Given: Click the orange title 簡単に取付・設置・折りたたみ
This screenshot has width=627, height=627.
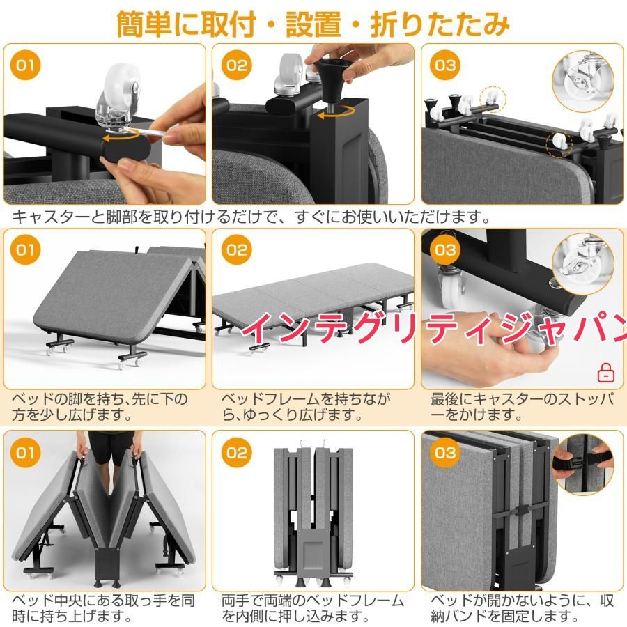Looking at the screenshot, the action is point(313,24).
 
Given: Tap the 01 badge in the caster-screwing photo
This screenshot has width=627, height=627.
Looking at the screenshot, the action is point(26,65).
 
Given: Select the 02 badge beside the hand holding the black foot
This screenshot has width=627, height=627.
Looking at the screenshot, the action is point(236,65).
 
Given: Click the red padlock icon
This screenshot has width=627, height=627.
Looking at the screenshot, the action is point(606,373).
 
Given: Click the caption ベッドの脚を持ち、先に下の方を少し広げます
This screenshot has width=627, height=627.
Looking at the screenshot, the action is point(100,407).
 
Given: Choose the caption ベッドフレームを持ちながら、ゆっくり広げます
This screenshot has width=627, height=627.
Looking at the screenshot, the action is point(306,407).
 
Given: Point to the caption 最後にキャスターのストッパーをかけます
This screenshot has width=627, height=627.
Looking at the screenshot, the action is point(522,407).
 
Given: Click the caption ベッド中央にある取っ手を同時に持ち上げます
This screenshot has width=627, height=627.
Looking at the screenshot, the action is point(103,607).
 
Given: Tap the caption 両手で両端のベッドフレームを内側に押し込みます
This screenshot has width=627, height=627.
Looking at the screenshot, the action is point(313,607).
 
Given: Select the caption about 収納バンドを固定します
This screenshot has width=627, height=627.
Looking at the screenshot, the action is point(522,607).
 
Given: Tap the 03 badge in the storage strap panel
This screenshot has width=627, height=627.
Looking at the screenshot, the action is point(445,453).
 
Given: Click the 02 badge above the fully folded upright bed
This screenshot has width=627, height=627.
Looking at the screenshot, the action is point(236,453).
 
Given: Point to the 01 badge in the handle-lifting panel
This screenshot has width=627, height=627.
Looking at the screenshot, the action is point(26,453).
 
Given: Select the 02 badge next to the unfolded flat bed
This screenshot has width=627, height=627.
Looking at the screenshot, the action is point(236,250).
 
